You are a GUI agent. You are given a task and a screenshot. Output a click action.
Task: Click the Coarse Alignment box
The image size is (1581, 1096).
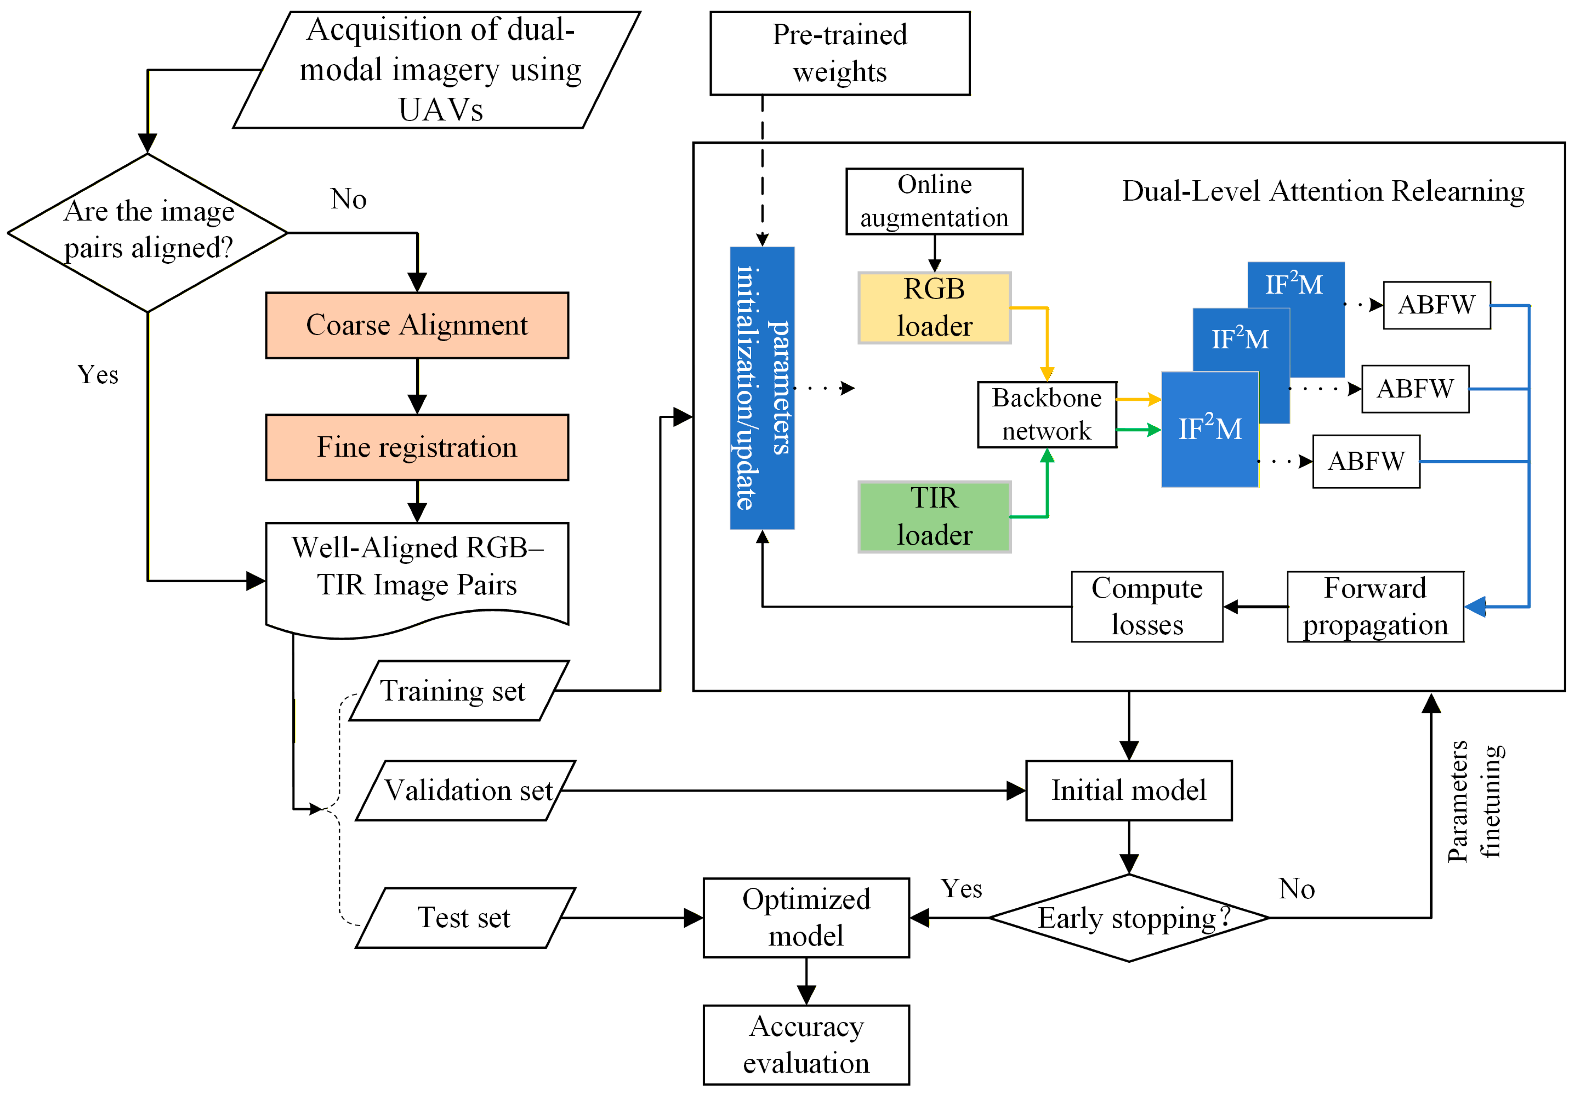tap(417, 325)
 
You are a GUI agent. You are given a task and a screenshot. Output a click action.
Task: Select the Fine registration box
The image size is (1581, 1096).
tap(417, 447)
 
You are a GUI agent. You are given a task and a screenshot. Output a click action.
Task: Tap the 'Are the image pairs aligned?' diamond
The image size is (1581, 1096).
tap(148, 232)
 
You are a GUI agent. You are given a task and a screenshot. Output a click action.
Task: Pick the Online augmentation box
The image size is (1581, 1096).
tap(934, 201)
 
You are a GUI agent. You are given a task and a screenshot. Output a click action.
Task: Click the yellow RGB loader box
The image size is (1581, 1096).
tap(934, 308)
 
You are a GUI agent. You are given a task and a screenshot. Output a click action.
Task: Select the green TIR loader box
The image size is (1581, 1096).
tap(934, 516)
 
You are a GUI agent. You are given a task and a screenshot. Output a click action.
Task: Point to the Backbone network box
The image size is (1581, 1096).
tap(1047, 415)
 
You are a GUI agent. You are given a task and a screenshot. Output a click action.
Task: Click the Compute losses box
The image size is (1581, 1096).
tap(1147, 606)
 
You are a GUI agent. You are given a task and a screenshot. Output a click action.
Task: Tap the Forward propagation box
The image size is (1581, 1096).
tap(1375, 606)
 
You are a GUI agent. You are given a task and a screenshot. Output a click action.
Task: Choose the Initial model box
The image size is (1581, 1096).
tap(1128, 790)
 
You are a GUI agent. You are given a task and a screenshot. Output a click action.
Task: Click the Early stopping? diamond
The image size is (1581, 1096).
tap(1128, 917)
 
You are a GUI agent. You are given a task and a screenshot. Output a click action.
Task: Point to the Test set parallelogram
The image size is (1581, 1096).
tap(465, 917)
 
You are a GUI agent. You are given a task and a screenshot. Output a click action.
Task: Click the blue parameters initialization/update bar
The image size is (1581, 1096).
tap(762, 388)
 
